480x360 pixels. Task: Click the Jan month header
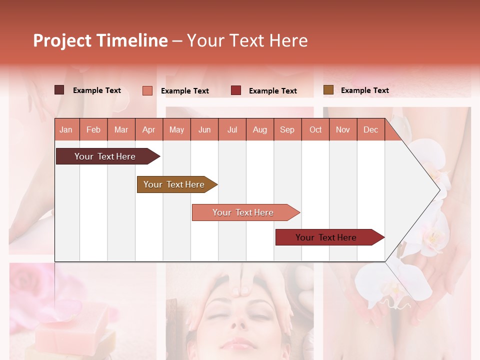point(66,129)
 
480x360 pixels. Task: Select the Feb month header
point(93,129)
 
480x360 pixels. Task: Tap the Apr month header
point(149,129)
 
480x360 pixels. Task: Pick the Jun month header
point(204,129)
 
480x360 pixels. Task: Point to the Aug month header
point(260,129)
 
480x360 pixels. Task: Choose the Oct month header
point(315,129)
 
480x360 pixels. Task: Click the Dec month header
point(370,129)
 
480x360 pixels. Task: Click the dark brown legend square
point(59,90)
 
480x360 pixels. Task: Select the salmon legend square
point(147,90)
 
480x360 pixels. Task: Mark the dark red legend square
point(236,90)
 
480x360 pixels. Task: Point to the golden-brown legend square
point(328,90)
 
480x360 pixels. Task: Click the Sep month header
point(287,129)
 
